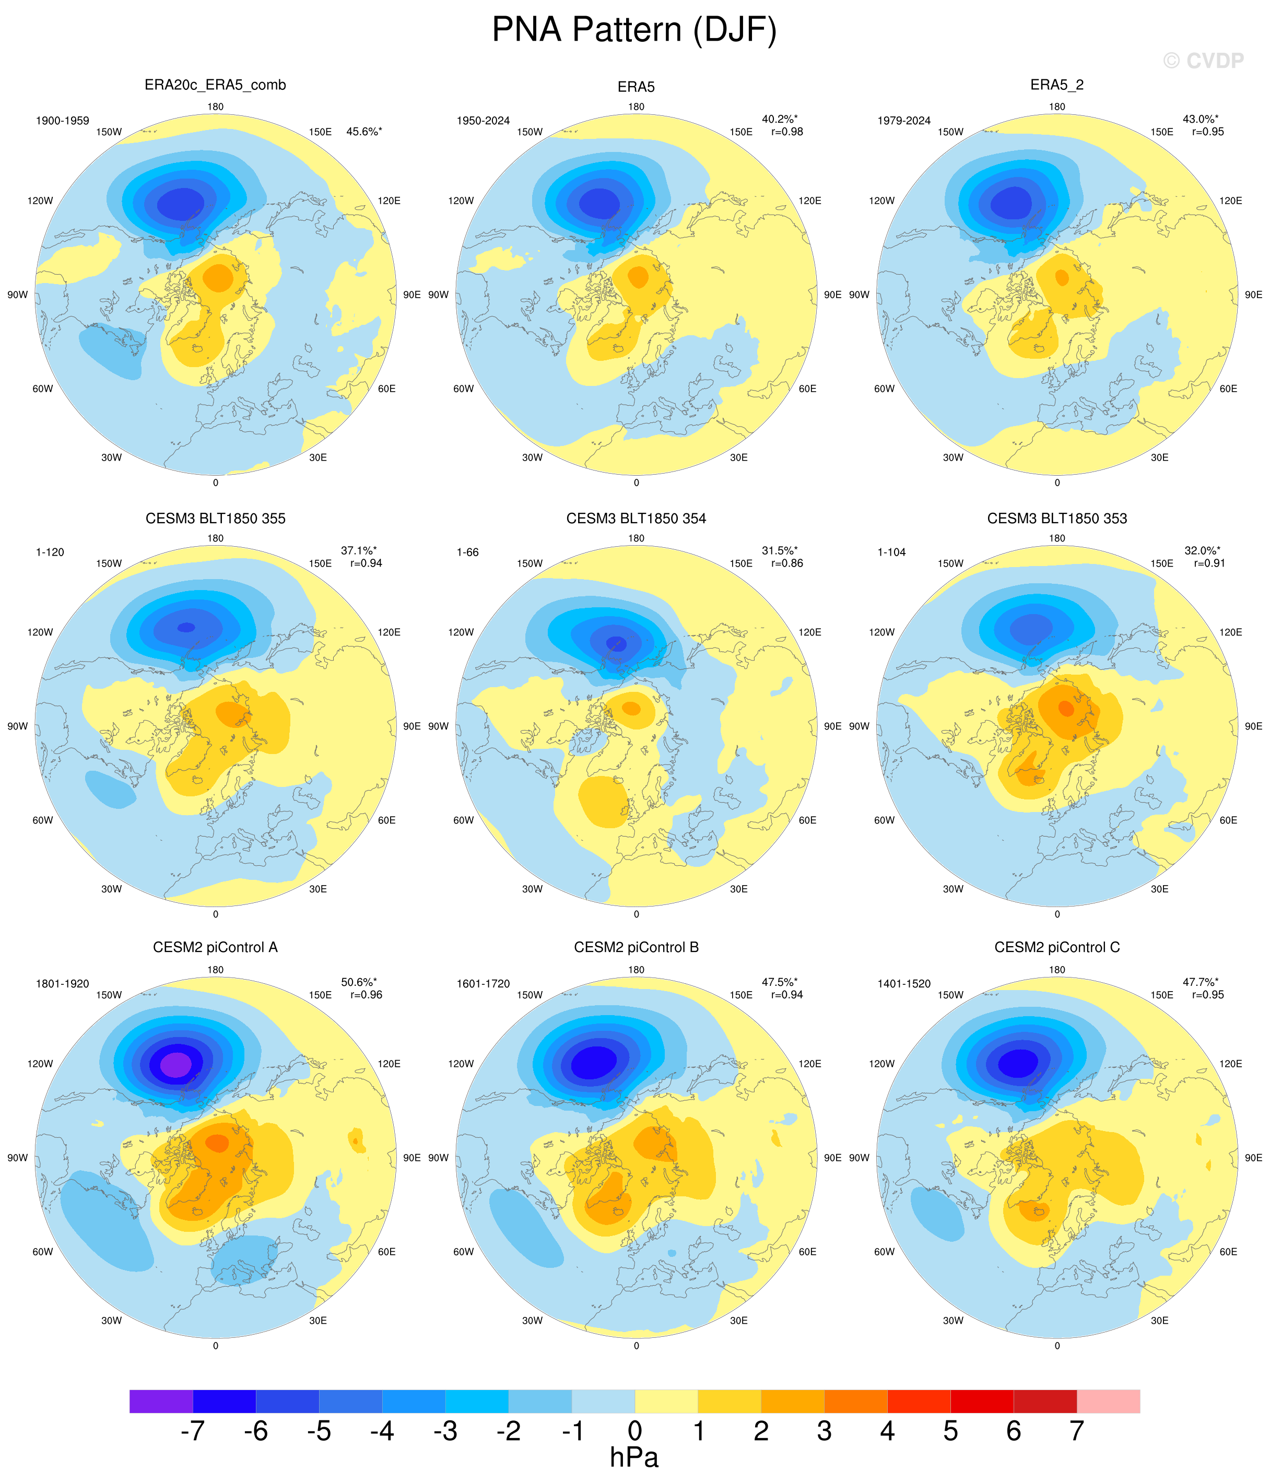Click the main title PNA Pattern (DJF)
pos(634,30)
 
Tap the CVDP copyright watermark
pos(1204,61)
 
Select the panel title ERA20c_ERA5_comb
pos(216,85)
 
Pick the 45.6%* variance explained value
pos(363,132)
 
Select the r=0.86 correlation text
pos(787,563)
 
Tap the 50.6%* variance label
pos(359,982)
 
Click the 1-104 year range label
pos(891,552)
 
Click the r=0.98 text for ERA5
pos(787,132)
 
